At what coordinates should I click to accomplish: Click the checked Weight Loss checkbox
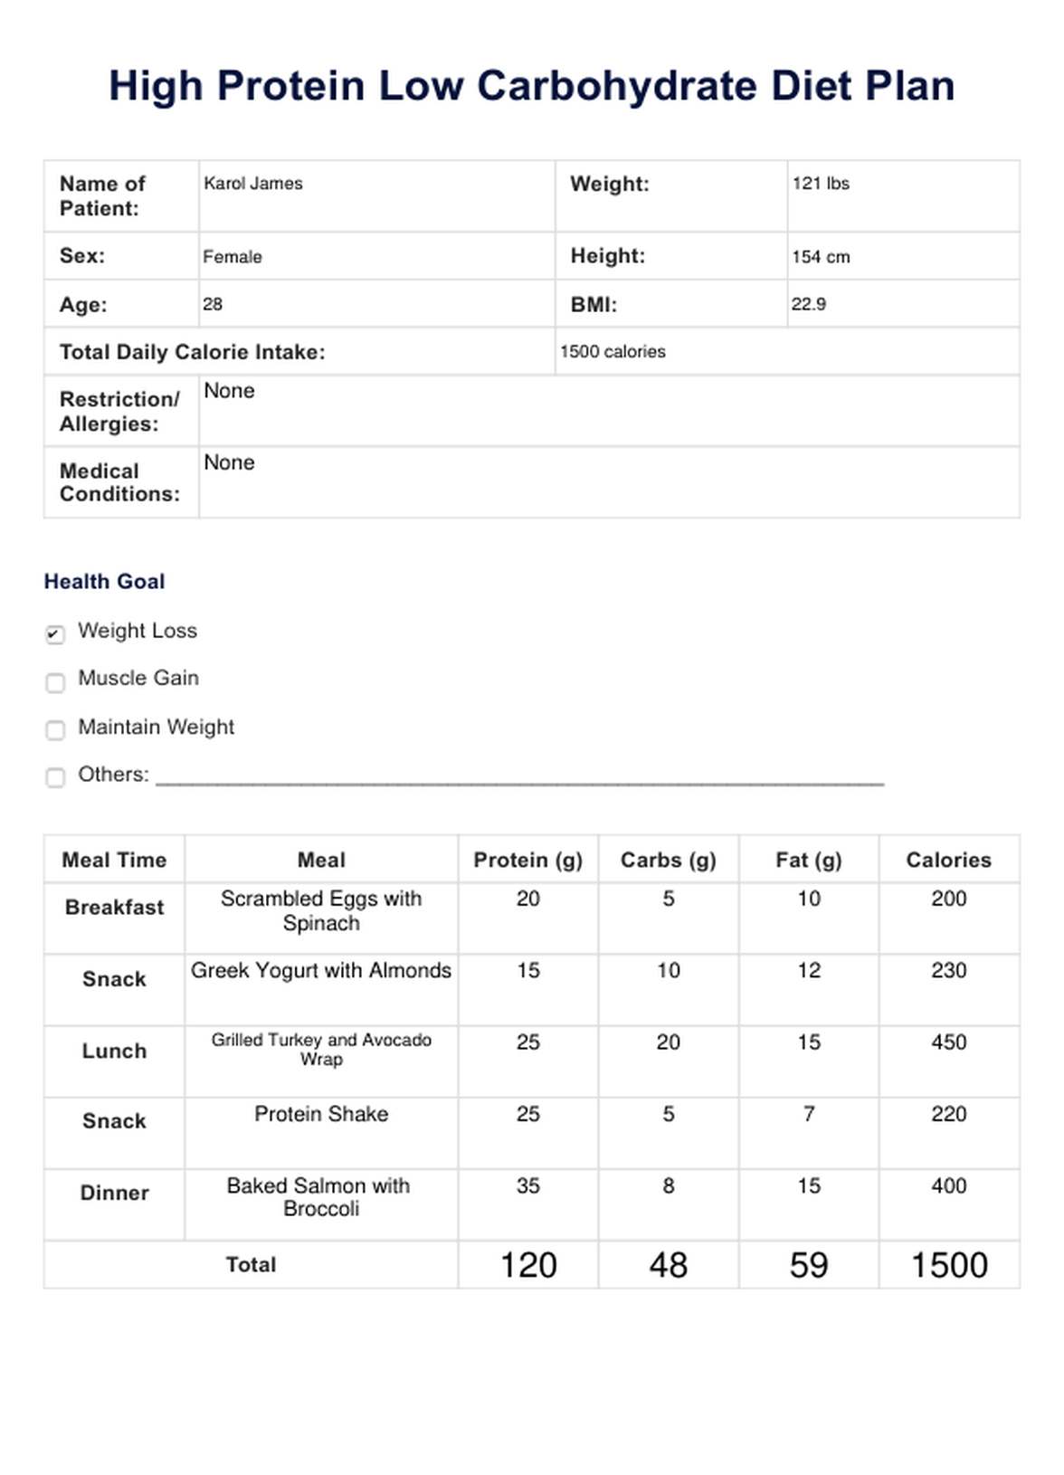click(55, 634)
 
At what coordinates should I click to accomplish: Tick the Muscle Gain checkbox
click(55, 682)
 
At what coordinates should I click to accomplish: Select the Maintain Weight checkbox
click(55, 729)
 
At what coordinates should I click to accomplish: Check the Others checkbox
click(55, 777)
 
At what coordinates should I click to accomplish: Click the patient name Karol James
click(253, 184)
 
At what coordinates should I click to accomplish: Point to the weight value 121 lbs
click(821, 184)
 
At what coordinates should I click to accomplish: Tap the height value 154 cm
click(821, 257)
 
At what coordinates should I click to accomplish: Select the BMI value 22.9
click(808, 305)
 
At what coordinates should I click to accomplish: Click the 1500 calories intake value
click(613, 352)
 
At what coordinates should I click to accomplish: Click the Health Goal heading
click(104, 582)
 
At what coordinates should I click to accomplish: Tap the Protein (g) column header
click(527, 860)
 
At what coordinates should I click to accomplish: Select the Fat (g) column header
click(808, 860)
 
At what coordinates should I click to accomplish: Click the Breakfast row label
click(114, 908)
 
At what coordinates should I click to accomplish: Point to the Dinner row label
click(114, 1193)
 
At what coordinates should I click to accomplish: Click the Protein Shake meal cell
click(321, 1114)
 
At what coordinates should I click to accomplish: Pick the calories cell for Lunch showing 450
click(948, 1042)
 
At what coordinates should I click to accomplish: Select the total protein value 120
click(528, 1265)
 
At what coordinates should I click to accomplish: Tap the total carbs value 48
click(668, 1265)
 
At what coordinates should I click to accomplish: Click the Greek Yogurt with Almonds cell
click(321, 971)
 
